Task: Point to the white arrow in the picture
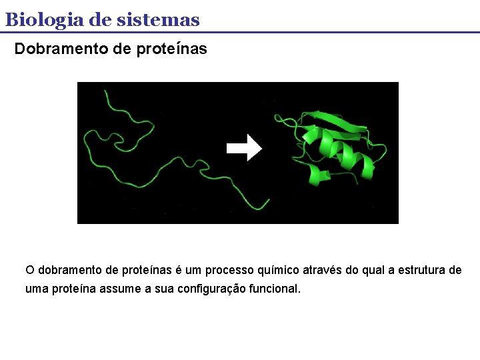[x=245, y=147]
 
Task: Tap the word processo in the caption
[x=228, y=270]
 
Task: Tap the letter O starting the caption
[x=29, y=270]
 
